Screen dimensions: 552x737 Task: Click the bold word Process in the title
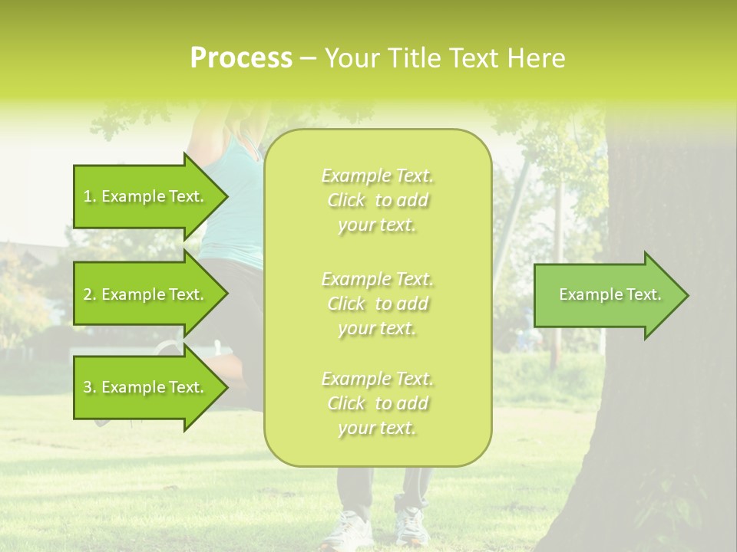coord(241,58)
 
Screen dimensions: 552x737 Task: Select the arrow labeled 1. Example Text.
coord(146,196)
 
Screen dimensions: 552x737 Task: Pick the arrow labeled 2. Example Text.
coord(146,294)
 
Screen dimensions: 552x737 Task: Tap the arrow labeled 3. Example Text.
coord(146,387)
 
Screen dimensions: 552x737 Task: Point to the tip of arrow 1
coord(226,196)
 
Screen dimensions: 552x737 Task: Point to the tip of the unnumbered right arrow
coord(687,295)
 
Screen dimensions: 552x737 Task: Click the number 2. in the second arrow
coord(90,294)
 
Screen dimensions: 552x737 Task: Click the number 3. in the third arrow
coord(90,387)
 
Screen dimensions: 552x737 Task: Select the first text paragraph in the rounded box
coord(377,200)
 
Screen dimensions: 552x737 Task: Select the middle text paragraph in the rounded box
coord(377,304)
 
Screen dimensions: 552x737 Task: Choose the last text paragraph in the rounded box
coord(377,403)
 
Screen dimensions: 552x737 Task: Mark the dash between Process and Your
coord(308,58)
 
